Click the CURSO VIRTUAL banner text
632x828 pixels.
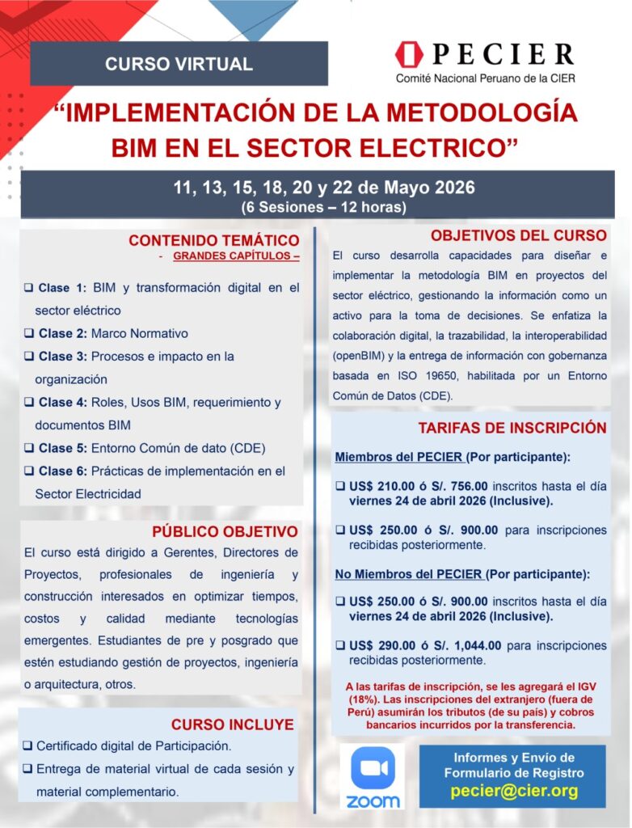pos(179,64)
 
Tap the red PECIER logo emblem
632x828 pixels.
pos(409,55)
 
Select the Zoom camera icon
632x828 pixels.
pos(373,768)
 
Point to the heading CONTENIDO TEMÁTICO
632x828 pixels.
pos(213,240)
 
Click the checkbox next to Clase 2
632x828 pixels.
pos(28,333)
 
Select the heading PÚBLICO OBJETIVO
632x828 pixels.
pos(225,531)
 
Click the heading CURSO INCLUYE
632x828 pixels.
pos(232,724)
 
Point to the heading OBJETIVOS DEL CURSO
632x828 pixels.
pos(518,235)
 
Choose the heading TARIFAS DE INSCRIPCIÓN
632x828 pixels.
pos(512,428)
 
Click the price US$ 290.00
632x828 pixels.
pos(381,646)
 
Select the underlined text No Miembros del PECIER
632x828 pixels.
pos(410,575)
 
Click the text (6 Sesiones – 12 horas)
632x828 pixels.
pos(323,207)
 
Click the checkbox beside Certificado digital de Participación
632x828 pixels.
pos(28,746)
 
